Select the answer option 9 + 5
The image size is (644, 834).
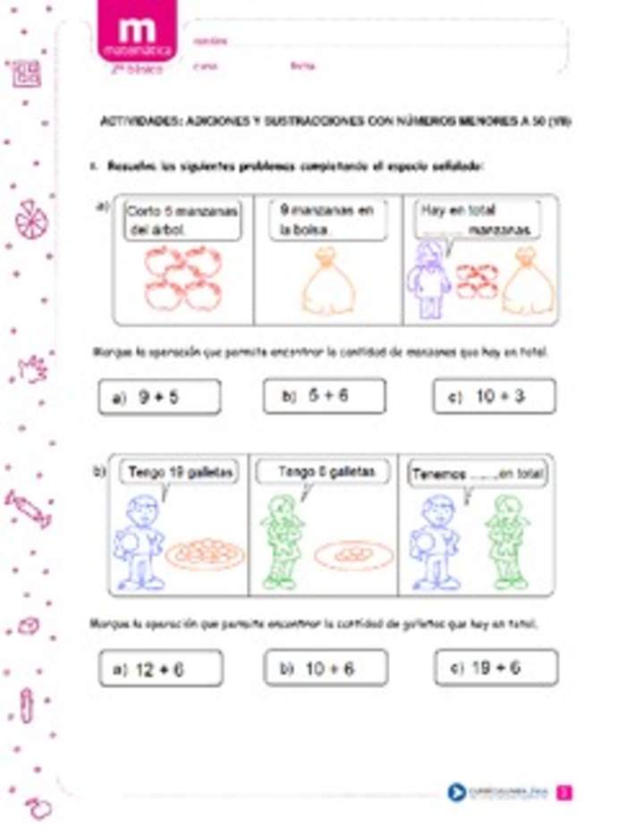click(x=159, y=398)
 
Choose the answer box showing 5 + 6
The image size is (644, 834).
click(x=324, y=396)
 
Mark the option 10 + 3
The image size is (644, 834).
click(x=494, y=396)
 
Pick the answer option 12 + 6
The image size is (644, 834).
click(x=160, y=669)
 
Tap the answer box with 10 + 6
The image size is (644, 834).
click(x=326, y=668)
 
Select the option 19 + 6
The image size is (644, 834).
click(x=496, y=667)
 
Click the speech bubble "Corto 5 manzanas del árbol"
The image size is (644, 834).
click(x=182, y=220)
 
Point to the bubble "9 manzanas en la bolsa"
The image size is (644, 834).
click(x=328, y=219)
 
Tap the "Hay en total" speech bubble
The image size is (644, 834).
click(x=478, y=220)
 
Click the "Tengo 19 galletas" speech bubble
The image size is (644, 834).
click(x=180, y=472)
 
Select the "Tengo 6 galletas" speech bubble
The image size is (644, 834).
click(x=322, y=471)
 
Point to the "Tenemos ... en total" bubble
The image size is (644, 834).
click(x=479, y=474)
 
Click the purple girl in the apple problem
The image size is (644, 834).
click(x=429, y=282)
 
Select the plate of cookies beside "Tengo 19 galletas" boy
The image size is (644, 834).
click(x=205, y=554)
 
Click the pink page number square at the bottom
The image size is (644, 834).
click(x=563, y=792)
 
